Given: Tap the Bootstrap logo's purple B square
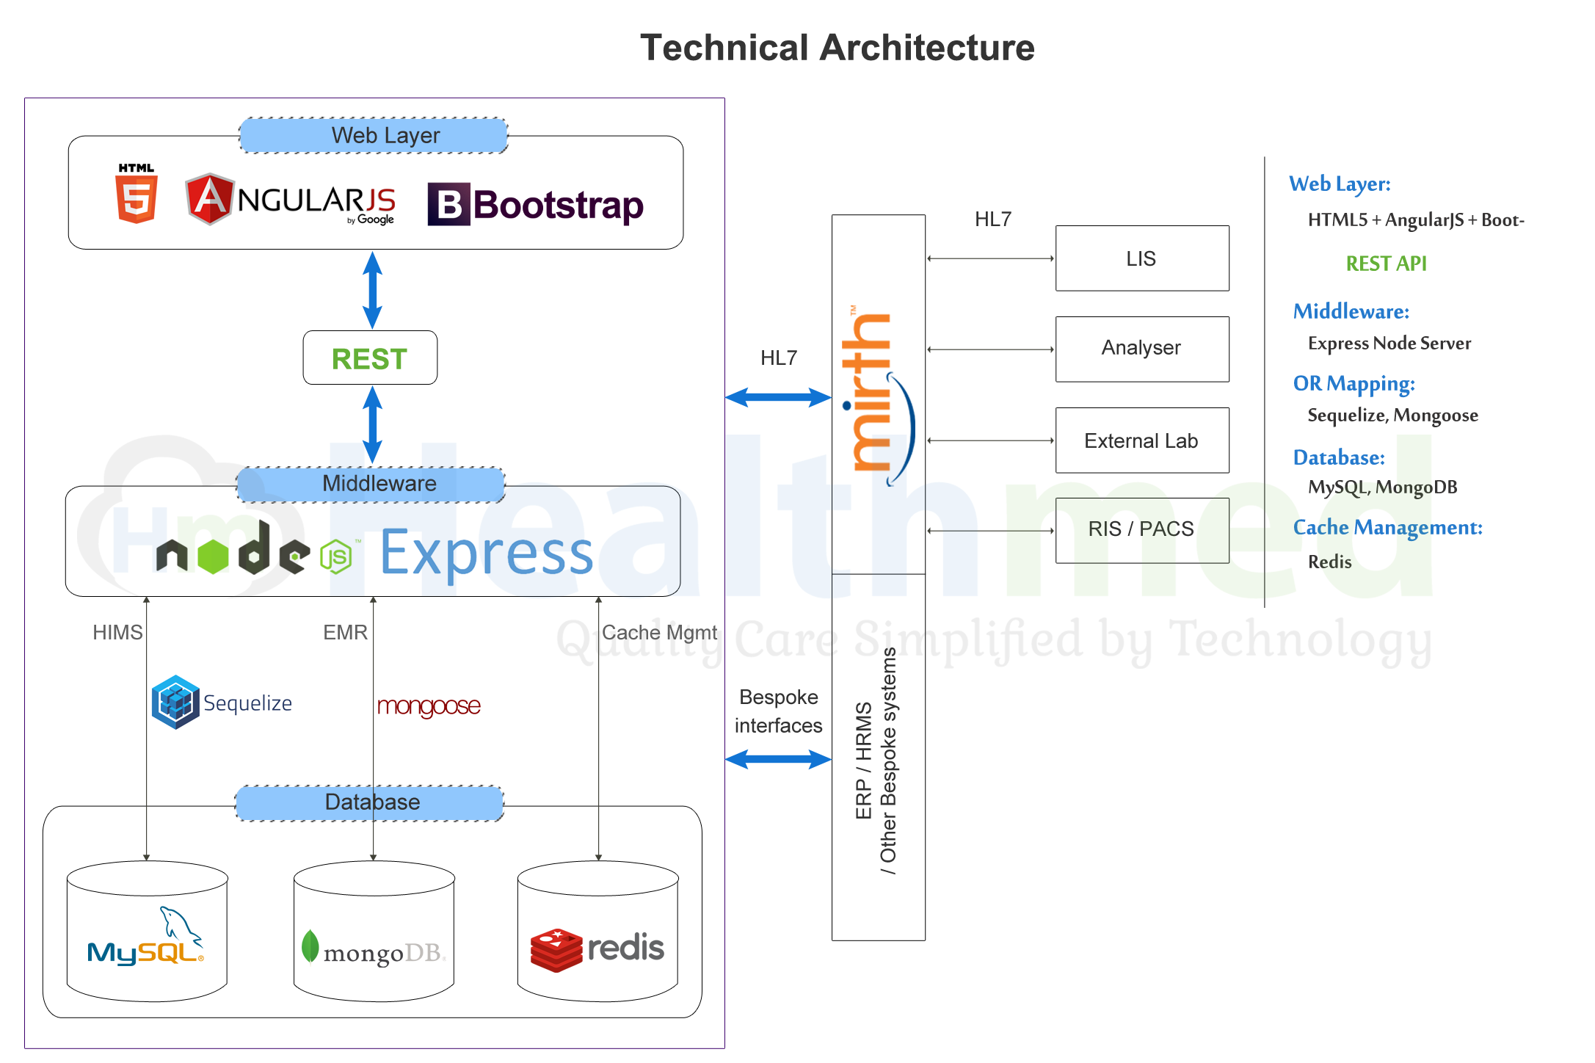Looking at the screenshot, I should pos(448,204).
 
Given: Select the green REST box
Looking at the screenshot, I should pos(370,358).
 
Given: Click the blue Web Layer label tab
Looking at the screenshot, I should pos(374,136).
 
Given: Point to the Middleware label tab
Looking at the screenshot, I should pos(371,484).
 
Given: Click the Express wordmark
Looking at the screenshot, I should pos(487,553).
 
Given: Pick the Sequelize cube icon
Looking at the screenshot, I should pos(175,703).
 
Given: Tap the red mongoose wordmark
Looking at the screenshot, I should pos(429,706).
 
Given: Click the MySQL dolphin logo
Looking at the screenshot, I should pos(181,925).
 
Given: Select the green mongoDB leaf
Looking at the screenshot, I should pos(310,946).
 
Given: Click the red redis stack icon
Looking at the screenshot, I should pos(556,950).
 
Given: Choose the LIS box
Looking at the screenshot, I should pos(1142,258).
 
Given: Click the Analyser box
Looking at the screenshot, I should pos(1142,349).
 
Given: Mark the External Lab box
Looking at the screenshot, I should pos(1142,440).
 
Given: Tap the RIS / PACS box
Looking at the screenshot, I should pos(1142,530).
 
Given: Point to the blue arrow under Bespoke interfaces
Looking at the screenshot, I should pos(778,759).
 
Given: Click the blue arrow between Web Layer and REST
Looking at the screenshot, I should pos(373,290).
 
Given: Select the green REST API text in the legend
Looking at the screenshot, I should pos(1386,264).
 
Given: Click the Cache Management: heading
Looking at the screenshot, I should pos(1387,527).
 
